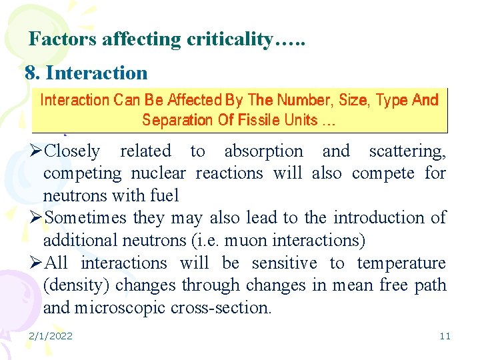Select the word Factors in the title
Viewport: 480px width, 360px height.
(63, 40)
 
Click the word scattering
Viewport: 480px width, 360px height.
(407, 151)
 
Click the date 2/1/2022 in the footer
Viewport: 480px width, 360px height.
(51, 336)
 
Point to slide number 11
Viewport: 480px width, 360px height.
(445, 336)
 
